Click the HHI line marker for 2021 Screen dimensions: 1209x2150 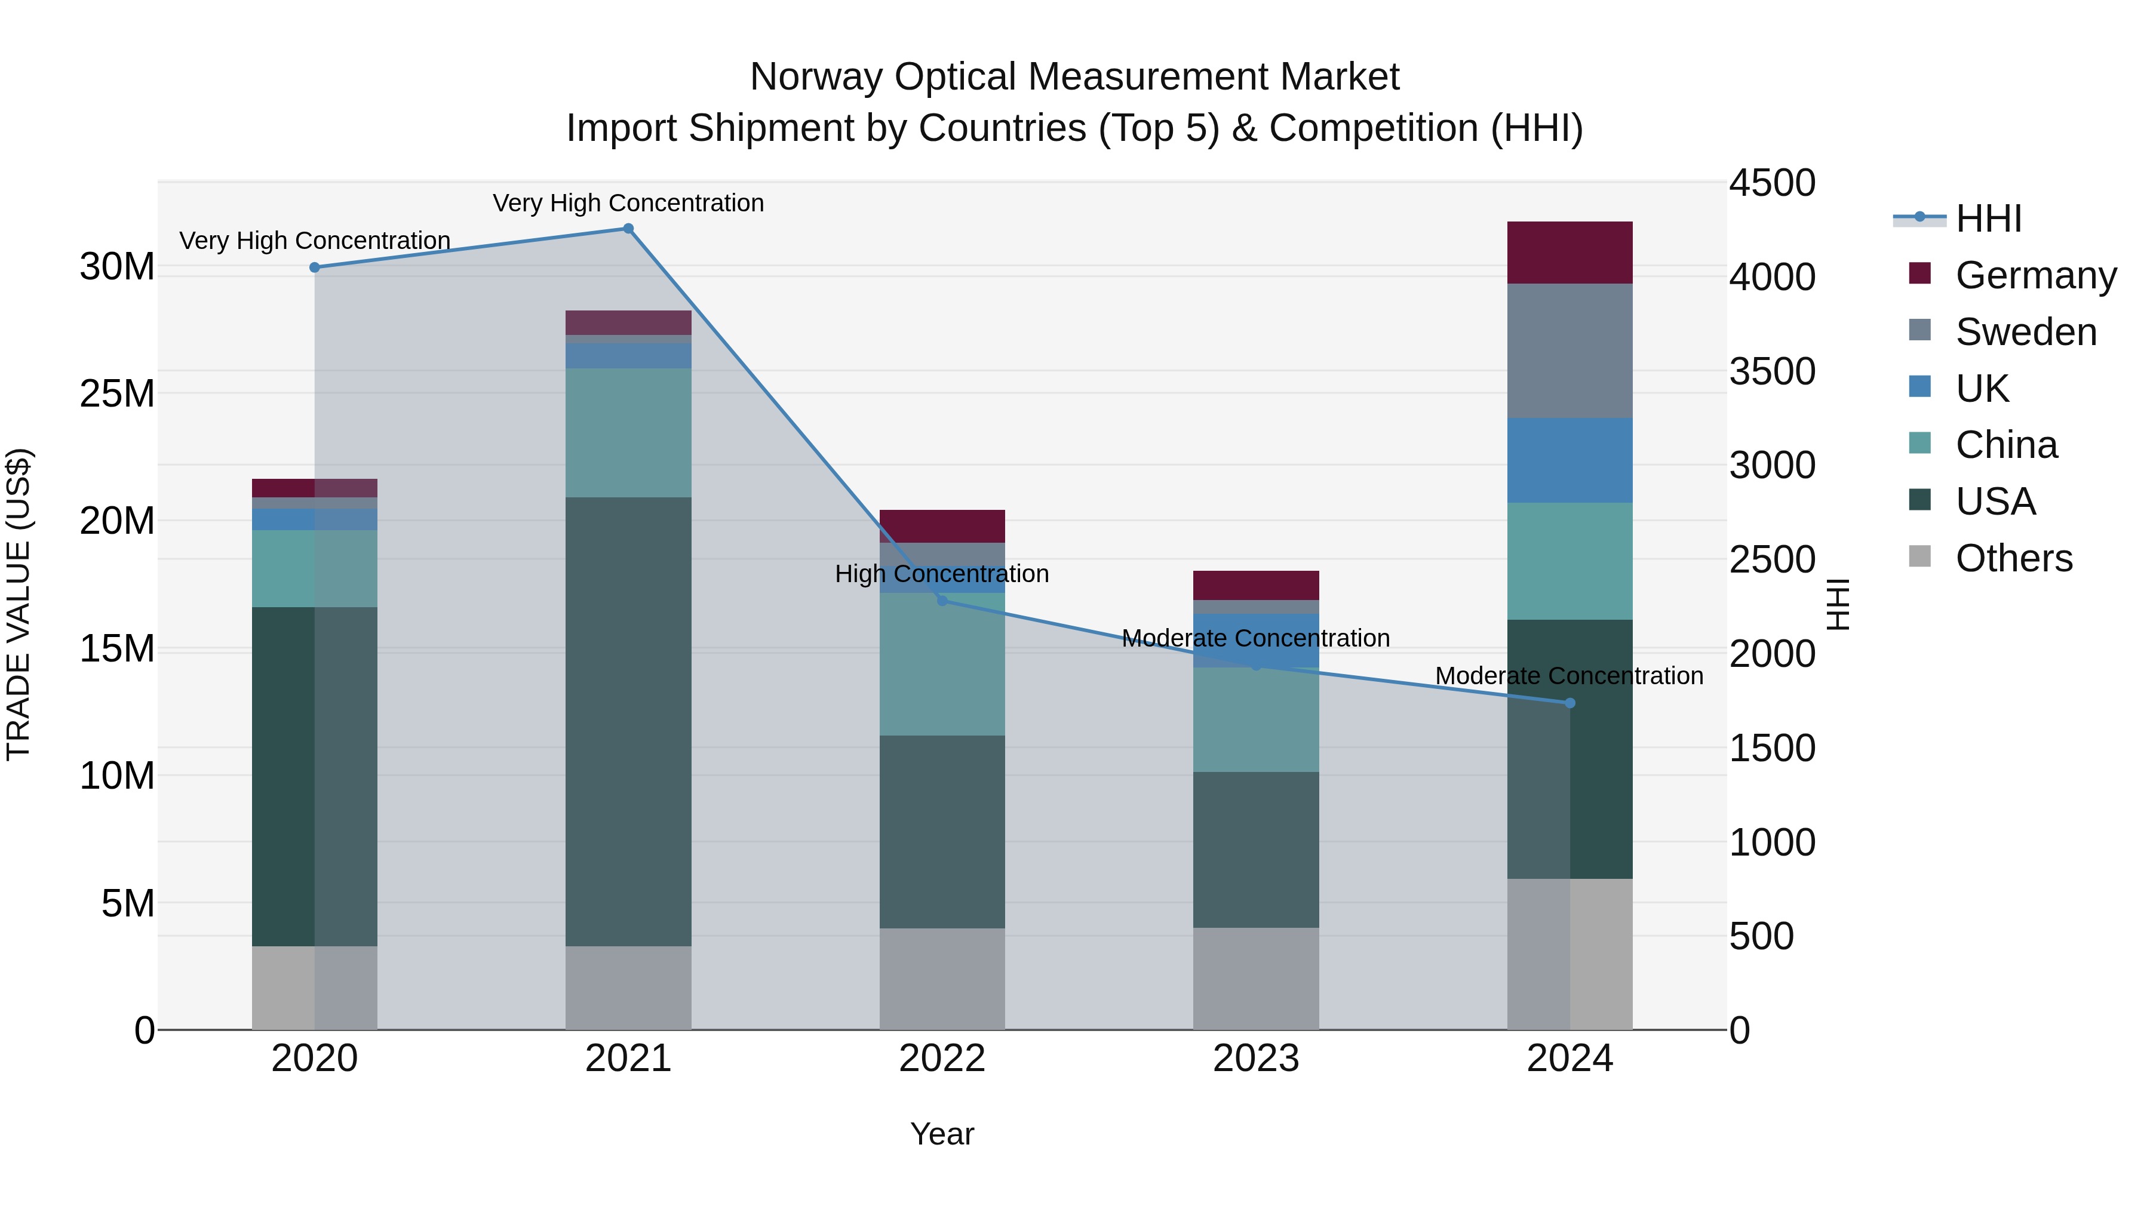pyautogui.click(x=628, y=229)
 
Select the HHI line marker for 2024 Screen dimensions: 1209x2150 pyautogui.click(x=1570, y=703)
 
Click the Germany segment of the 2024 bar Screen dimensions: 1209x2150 pyautogui.click(x=1570, y=253)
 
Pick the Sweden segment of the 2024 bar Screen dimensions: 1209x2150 pyautogui.click(x=1570, y=350)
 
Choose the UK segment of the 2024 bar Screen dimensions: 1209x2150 pyautogui.click(x=1570, y=460)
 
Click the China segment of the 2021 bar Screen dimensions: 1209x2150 pyautogui.click(x=628, y=432)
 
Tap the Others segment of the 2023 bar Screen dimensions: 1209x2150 pyautogui.click(x=1256, y=978)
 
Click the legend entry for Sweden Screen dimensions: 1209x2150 pyautogui.click(x=2026, y=332)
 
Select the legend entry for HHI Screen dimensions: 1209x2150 pyautogui.click(x=1988, y=219)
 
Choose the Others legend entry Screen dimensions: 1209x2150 pyautogui.click(x=2013, y=558)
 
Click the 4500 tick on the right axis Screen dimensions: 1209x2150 pyautogui.click(x=1772, y=183)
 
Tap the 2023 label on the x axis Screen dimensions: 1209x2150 pyautogui.click(x=1256, y=1059)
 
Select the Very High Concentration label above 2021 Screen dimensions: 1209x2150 pyautogui.click(x=628, y=203)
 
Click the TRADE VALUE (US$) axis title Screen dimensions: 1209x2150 pyautogui.click(x=19, y=604)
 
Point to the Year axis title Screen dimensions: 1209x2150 pyautogui.click(x=942, y=1134)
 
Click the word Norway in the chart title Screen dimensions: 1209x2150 pyautogui.click(x=816, y=77)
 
